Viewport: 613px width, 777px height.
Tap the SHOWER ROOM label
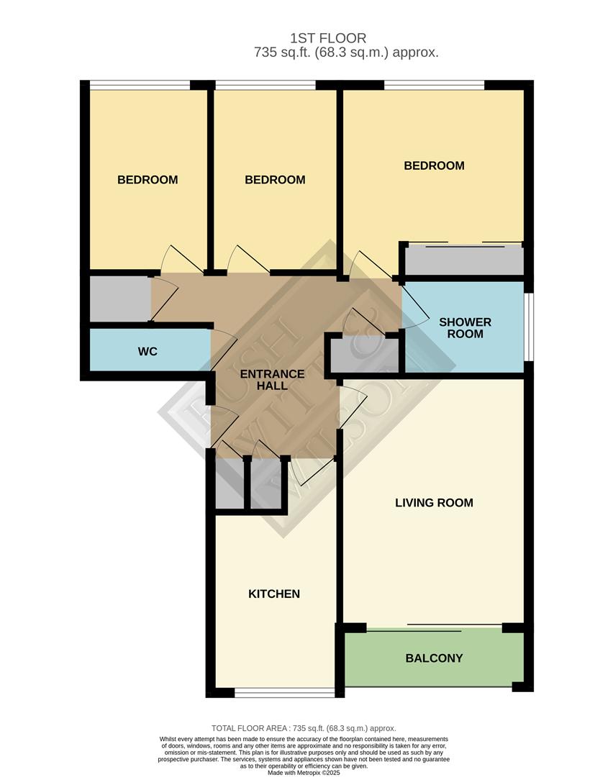click(x=465, y=328)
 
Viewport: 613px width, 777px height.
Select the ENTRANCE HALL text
click(x=272, y=380)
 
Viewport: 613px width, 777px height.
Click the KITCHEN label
click(x=273, y=594)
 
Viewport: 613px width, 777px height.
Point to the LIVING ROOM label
click(x=434, y=503)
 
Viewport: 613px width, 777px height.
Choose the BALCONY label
click(x=434, y=658)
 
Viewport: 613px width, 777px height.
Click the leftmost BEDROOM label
click(x=147, y=180)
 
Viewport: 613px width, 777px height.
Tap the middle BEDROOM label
click(x=275, y=180)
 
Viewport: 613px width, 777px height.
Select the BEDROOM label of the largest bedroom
click(x=434, y=165)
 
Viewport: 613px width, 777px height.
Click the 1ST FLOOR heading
click(x=328, y=38)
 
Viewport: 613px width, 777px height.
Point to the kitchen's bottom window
click(x=285, y=693)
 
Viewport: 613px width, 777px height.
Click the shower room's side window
click(x=528, y=326)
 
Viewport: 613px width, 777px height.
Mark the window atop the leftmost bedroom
click(x=140, y=86)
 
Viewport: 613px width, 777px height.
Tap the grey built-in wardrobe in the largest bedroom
click(x=463, y=260)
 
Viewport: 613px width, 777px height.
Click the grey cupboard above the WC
click(x=119, y=299)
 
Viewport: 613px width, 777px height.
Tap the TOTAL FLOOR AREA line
click(x=304, y=728)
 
